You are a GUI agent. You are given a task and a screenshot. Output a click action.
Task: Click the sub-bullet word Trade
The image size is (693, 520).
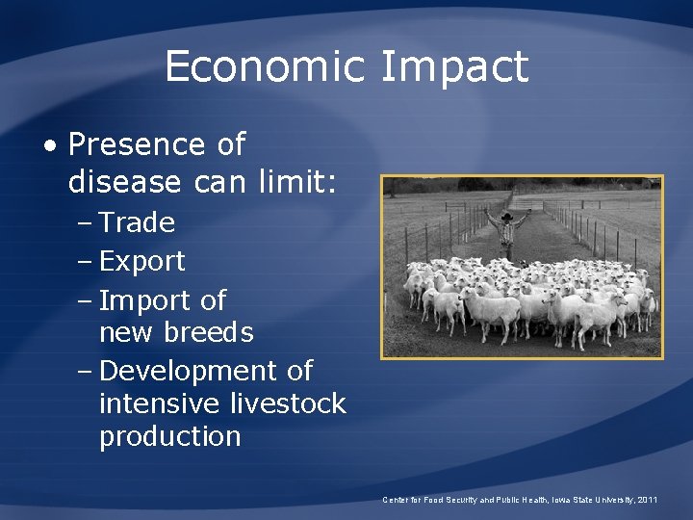[137, 222]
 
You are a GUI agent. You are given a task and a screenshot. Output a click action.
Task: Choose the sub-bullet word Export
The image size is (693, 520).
[141, 262]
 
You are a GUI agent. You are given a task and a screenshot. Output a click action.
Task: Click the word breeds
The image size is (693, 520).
[208, 333]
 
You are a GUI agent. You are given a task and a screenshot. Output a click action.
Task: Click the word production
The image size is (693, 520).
[169, 436]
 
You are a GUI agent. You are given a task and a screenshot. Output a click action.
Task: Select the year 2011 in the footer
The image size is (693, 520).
[649, 500]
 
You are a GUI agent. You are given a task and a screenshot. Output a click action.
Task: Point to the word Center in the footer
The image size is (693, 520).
[396, 500]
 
